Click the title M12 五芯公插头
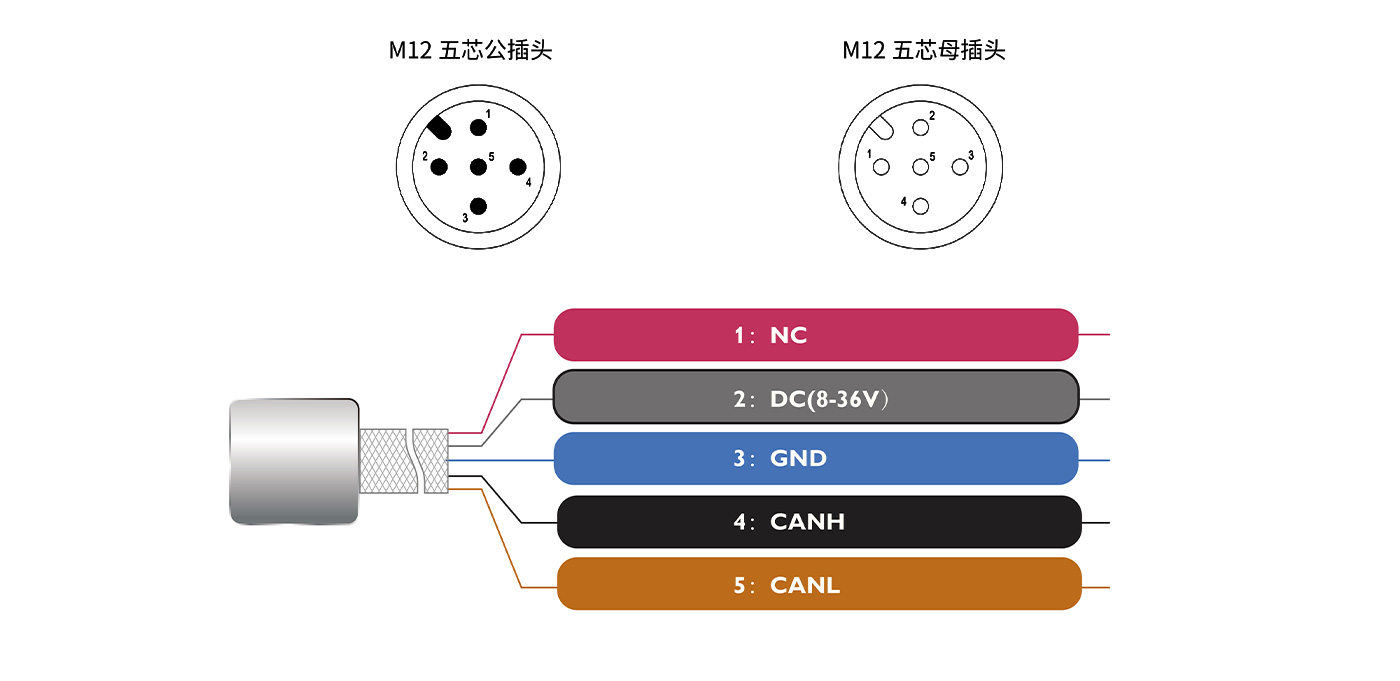[x=470, y=50]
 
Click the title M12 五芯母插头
[x=923, y=50]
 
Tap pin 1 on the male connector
[x=478, y=128]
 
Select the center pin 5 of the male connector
[x=478, y=167]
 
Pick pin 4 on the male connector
[x=517, y=167]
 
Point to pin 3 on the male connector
[x=478, y=206]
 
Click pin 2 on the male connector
[x=439, y=167]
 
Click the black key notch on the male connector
[x=439, y=128]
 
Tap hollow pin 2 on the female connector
[x=920, y=128]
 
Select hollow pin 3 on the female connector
[x=959, y=167]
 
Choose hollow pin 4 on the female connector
[x=920, y=206]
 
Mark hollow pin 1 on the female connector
[x=881, y=167]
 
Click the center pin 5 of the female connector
[x=920, y=167]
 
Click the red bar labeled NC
[x=816, y=335]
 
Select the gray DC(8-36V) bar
[x=816, y=398]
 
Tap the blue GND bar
[x=816, y=459]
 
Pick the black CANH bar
[x=819, y=522]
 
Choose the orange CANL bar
[x=819, y=585]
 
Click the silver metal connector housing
[x=294, y=461]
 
